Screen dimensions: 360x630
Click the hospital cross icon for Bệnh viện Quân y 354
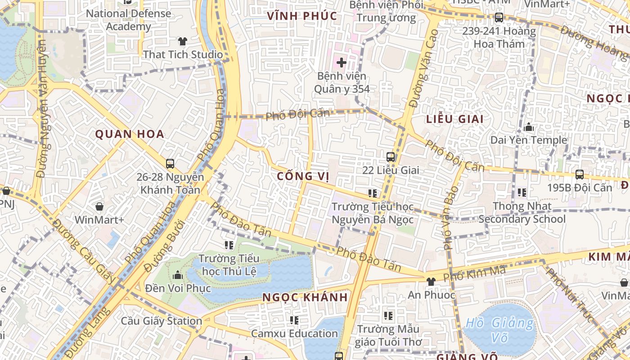point(342,62)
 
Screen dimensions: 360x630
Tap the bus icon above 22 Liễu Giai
point(391,157)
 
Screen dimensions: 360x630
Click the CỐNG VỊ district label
point(303,176)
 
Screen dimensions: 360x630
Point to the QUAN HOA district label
point(130,134)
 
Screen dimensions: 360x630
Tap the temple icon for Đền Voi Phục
point(178,274)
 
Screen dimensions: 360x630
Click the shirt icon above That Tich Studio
point(182,41)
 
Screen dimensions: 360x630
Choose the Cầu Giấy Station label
point(162,321)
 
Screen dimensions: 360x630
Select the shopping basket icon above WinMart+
point(99,207)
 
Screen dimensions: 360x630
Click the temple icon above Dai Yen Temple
point(529,127)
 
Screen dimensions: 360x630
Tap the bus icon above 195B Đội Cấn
point(580,175)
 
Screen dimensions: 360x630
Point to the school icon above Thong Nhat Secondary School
point(522,193)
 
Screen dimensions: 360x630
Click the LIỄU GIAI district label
point(454,119)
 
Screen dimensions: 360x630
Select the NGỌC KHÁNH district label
point(305,297)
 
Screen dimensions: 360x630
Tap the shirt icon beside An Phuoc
point(431,282)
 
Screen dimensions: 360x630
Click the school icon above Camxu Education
point(294,320)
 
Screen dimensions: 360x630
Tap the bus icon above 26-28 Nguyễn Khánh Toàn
point(170,164)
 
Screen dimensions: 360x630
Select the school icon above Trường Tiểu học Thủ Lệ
point(229,245)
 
